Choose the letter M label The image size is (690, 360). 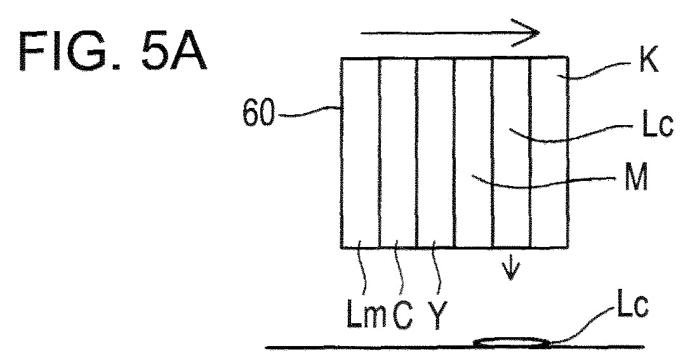pyautogui.click(x=636, y=177)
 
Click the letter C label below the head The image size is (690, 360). pyautogui.click(x=402, y=316)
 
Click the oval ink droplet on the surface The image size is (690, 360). pyautogui.click(x=512, y=342)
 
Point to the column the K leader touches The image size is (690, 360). pyautogui.click(x=548, y=152)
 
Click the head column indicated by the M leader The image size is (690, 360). pyautogui.click(x=473, y=152)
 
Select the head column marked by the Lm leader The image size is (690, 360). pyautogui.click(x=360, y=152)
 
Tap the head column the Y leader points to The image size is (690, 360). pyautogui.click(x=435, y=152)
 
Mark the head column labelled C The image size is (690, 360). pyautogui.click(x=398, y=152)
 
